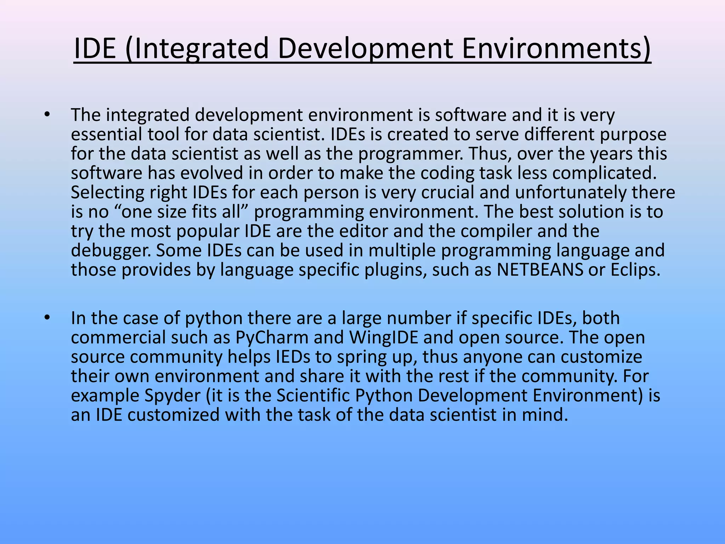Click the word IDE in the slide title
[x=95, y=49]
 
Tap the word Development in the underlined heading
[x=365, y=49]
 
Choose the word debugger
[x=110, y=251]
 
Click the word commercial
[x=118, y=337]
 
